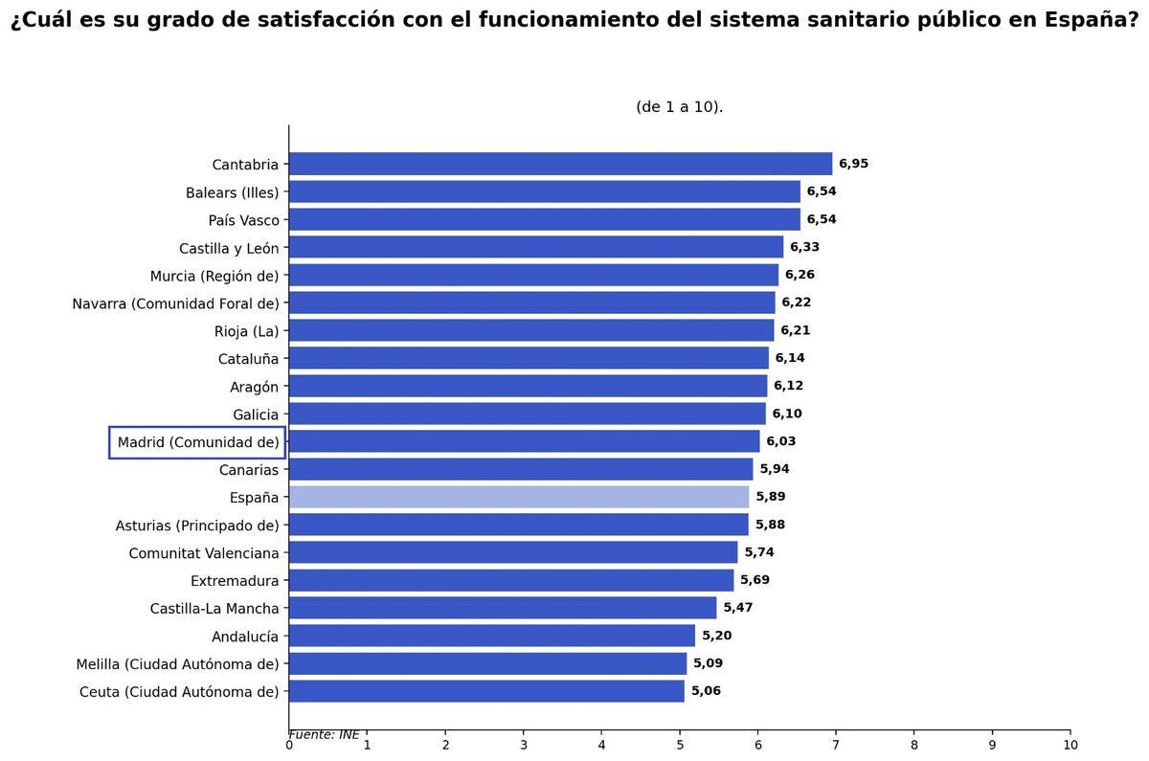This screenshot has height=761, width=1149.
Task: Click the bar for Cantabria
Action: coord(560,164)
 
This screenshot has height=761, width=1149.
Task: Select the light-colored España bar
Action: coord(518,497)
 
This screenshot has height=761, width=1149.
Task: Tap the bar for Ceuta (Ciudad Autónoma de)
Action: coord(486,691)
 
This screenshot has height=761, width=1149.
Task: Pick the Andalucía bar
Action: coord(491,636)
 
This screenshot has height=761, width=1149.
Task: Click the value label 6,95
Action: coord(853,164)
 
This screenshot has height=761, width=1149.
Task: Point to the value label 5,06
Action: coord(706,691)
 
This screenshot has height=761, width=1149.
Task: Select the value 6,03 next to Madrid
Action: coord(780,441)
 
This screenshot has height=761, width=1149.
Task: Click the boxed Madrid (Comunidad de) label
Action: coord(197,442)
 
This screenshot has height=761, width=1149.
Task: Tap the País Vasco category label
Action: coord(243,220)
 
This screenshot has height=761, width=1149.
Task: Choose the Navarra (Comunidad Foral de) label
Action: coord(175,303)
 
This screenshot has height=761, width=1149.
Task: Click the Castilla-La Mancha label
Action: coord(214,609)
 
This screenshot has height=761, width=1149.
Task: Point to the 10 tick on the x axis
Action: coord(1070,746)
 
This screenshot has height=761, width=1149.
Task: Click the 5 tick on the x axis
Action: coord(680,746)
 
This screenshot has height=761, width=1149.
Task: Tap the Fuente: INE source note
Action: coord(324,734)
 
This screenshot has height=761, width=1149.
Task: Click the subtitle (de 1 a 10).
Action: coord(679,107)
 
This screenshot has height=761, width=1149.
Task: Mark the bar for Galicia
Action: coord(527,414)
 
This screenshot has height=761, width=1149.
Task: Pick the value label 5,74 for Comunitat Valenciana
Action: coord(759,552)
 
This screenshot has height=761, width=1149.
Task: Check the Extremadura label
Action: coord(235,581)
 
